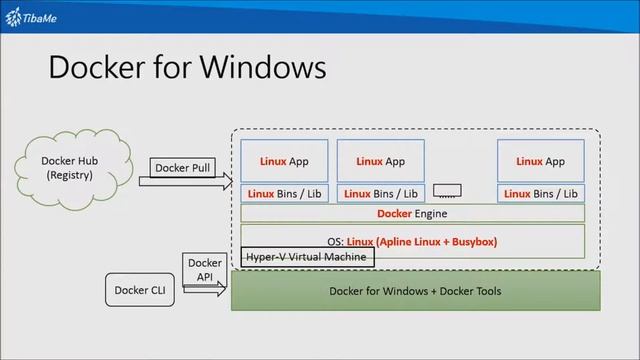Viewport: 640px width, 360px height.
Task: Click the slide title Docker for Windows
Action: [187, 67]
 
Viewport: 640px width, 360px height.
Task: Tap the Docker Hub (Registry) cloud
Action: [69, 167]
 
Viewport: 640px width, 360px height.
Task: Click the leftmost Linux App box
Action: [284, 161]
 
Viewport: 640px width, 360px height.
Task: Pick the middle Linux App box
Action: [380, 161]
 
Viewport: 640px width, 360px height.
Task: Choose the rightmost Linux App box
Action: [540, 161]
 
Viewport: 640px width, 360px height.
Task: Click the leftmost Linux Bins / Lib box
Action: [284, 193]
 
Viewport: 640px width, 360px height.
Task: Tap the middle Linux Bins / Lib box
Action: [380, 193]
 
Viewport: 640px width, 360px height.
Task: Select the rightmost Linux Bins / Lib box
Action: [540, 193]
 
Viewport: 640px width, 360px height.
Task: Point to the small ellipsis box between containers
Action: [449, 190]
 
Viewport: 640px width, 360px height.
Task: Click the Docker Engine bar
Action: [412, 213]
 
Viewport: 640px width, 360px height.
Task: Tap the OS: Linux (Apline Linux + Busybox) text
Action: [412, 241]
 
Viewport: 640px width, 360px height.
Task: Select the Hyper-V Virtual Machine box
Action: [307, 257]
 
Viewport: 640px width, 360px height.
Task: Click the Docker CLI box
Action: [138, 291]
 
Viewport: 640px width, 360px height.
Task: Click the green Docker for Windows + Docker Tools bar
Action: [415, 291]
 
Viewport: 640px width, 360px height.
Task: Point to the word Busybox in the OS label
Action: [470, 241]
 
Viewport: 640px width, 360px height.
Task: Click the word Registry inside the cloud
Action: [69, 176]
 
